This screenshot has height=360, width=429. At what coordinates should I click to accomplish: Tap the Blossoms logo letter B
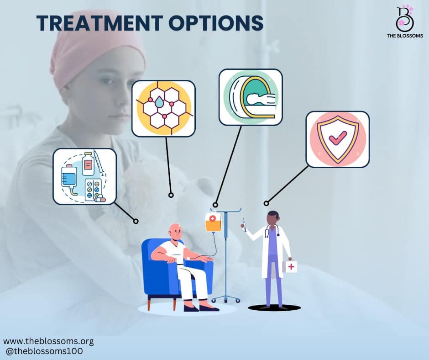404,17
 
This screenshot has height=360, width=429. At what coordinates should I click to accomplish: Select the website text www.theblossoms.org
48,341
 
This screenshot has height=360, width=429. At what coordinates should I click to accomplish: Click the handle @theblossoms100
44,351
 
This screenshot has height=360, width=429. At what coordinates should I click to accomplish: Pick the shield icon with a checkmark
338,139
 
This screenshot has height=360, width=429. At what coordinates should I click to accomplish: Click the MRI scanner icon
251,97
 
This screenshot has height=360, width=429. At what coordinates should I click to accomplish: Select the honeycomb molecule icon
163,108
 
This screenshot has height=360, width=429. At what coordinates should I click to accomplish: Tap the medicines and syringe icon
84,176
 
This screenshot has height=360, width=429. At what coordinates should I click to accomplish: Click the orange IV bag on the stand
213,222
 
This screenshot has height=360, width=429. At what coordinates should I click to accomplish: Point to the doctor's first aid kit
291,266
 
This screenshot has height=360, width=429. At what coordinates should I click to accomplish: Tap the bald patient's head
175,232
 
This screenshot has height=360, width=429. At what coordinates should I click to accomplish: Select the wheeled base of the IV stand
226,299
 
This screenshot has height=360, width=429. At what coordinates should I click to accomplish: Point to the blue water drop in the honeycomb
159,102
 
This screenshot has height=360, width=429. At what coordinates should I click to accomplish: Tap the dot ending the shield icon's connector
266,203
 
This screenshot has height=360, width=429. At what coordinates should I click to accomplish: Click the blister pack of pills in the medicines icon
93,189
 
